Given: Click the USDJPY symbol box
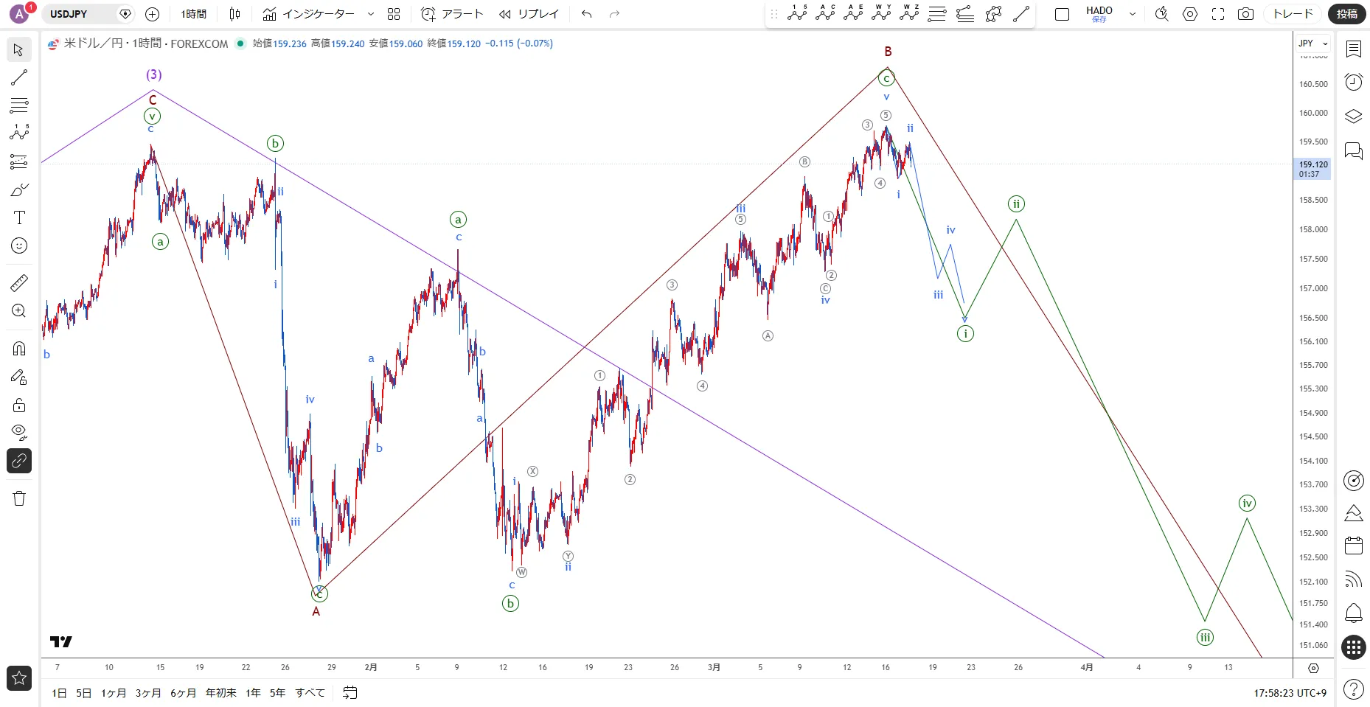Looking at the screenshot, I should pyautogui.click(x=81, y=14).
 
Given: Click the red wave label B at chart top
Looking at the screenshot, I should pyautogui.click(x=888, y=52).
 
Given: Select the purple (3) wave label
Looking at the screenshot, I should pyautogui.click(x=153, y=74).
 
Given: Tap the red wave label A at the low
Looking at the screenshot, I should pyautogui.click(x=316, y=611).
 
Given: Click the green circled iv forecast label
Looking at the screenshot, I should pyautogui.click(x=1247, y=504).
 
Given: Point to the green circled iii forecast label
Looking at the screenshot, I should pyautogui.click(x=1205, y=638).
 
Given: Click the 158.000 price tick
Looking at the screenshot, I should pyautogui.click(x=1312, y=229).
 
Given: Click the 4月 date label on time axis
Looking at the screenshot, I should pyautogui.click(x=1086, y=667).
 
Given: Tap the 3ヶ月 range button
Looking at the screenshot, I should pyautogui.click(x=148, y=693).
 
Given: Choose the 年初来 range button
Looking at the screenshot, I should pyautogui.click(x=220, y=693).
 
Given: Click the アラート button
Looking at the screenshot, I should pyautogui.click(x=453, y=14).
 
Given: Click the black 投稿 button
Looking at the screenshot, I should pyautogui.click(x=1346, y=14).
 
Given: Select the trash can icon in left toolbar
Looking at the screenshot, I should pyautogui.click(x=19, y=499).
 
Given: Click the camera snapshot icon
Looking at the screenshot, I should pyautogui.click(x=1245, y=14).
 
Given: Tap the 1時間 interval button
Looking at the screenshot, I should pyautogui.click(x=194, y=14).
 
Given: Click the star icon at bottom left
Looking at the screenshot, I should pyautogui.click(x=19, y=678).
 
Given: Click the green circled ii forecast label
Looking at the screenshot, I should pyautogui.click(x=1016, y=204).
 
